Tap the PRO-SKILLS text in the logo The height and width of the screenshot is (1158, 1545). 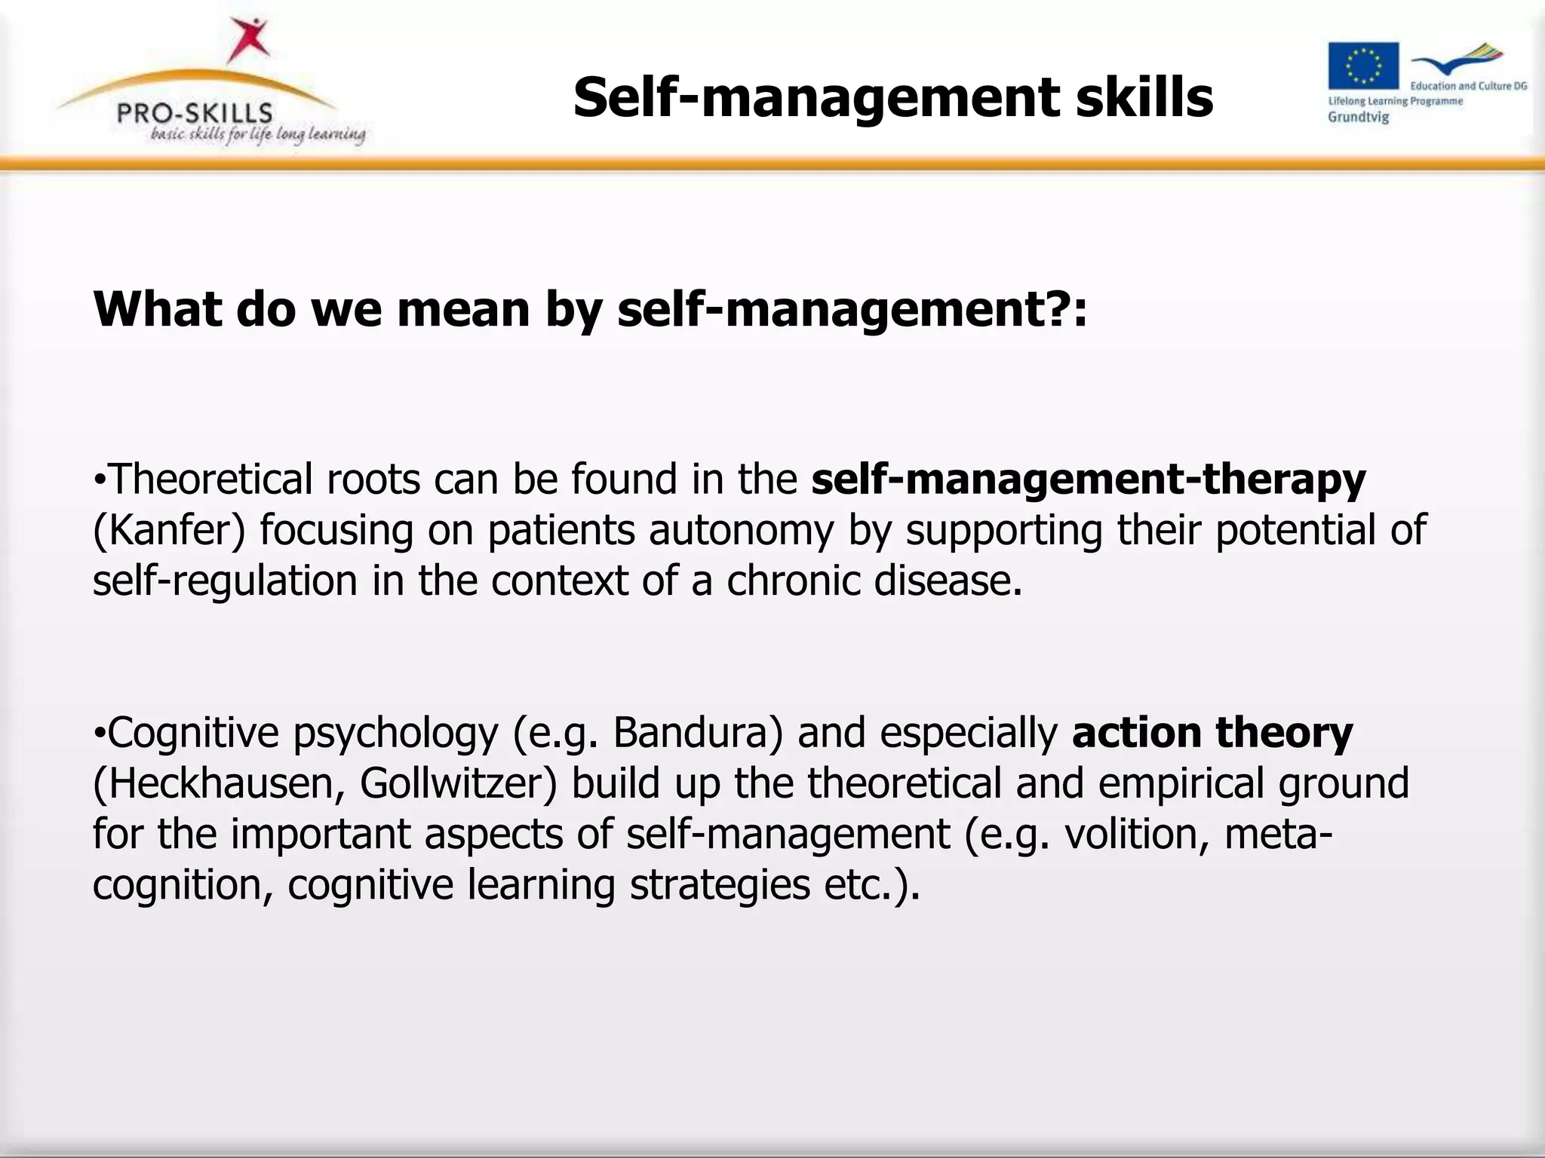(x=195, y=113)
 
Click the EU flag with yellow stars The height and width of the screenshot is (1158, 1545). (x=1362, y=66)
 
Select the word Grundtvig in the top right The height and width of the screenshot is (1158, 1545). (x=1358, y=117)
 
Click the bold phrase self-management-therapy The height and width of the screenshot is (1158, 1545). (x=1088, y=479)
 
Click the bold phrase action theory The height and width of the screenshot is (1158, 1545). (x=1212, y=733)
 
